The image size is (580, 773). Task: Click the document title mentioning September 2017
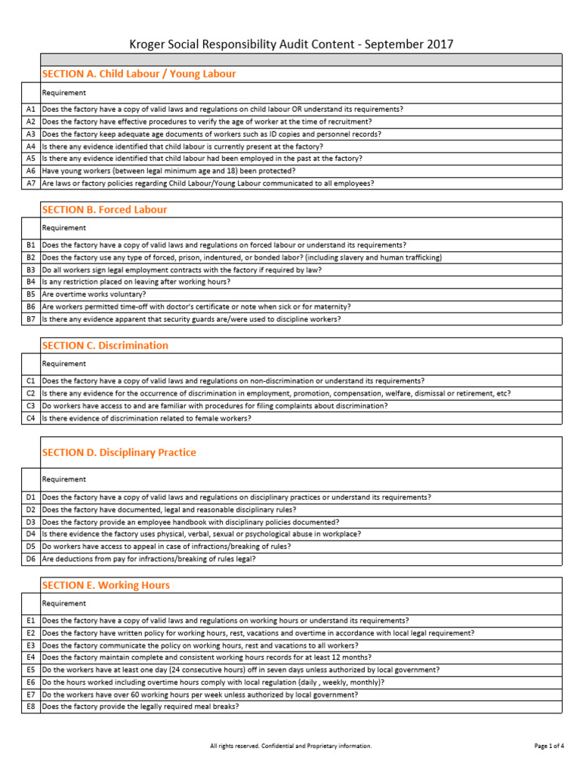click(290, 44)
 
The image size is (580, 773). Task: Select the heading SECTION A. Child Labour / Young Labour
click(138, 74)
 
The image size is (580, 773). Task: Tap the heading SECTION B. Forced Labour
click(104, 209)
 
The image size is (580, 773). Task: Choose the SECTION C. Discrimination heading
click(105, 345)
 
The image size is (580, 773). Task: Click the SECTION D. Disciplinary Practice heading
click(119, 452)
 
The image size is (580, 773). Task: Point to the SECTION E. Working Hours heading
click(106, 585)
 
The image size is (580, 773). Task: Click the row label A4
click(31, 146)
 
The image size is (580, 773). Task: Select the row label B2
click(31, 257)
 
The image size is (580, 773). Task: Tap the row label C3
click(31, 405)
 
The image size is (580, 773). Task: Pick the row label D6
click(31, 559)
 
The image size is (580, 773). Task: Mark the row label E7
click(31, 694)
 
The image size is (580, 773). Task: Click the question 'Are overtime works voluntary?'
click(94, 294)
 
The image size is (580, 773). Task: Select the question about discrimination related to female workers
click(147, 417)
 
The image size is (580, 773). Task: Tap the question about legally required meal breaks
click(140, 707)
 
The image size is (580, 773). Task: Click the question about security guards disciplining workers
click(191, 319)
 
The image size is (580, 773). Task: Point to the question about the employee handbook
click(190, 522)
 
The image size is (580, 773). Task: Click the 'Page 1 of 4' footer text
click(549, 746)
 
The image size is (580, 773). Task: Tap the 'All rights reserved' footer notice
click(290, 746)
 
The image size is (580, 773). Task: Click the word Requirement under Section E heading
click(63, 603)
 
